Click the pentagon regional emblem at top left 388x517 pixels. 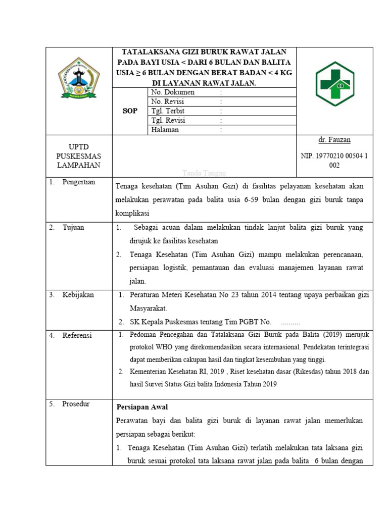pyautogui.click(x=79, y=77)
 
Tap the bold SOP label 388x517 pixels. pyautogui.click(x=130, y=111)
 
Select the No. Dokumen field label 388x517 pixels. pyautogui.click(x=173, y=92)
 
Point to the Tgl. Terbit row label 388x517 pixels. pyautogui.click(x=168, y=111)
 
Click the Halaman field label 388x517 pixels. pyautogui.click(x=165, y=130)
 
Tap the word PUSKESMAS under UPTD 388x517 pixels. pyautogui.click(x=78, y=156)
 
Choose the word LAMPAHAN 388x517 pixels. pyautogui.click(x=78, y=165)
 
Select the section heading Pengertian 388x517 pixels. pyautogui.click(x=79, y=182)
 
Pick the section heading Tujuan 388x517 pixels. pyautogui.click(x=73, y=228)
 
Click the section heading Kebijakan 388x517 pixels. pyautogui.click(x=78, y=295)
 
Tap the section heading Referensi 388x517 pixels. pyautogui.click(x=77, y=335)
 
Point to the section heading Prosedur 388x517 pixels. pyautogui.click(x=76, y=404)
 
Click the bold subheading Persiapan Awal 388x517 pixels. pyautogui.click(x=142, y=407)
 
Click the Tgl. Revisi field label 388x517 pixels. pyautogui.click(x=168, y=120)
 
